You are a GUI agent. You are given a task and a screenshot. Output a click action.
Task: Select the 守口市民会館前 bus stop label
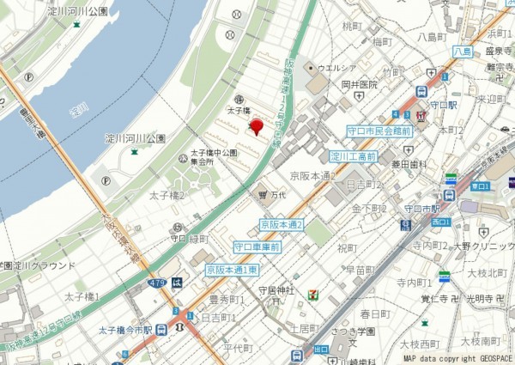click(x=379, y=131)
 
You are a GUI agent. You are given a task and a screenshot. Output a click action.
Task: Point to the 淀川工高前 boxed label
click(x=354, y=157)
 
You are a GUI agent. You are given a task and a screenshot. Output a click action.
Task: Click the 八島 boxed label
click(x=462, y=52)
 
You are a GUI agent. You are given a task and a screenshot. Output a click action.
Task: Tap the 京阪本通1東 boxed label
click(x=232, y=270)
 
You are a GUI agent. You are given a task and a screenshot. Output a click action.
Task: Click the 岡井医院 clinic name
click(x=359, y=85)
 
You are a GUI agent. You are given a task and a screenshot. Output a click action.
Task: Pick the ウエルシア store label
click(x=336, y=66)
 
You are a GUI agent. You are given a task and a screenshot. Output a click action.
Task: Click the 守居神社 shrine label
click(x=276, y=291)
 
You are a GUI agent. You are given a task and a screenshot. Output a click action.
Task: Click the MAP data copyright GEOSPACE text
click(x=457, y=358)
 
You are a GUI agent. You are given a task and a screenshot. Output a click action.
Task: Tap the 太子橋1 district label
click(x=82, y=296)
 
